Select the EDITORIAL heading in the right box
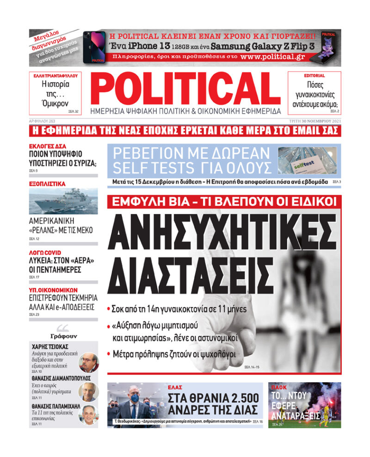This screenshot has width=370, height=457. [x=314, y=75]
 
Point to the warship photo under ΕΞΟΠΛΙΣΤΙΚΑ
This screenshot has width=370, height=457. [x=63, y=201]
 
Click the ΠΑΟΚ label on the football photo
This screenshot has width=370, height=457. [x=279, y=387]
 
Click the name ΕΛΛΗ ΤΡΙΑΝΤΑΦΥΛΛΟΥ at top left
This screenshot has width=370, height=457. [x=55, y=75]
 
